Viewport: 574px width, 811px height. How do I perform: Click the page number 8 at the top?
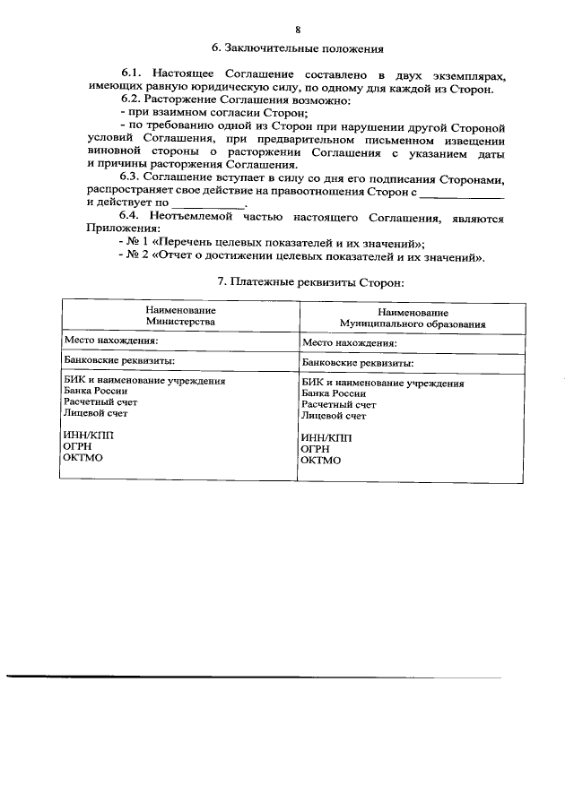pos(286,30)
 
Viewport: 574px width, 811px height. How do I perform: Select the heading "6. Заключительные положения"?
pos(285,48)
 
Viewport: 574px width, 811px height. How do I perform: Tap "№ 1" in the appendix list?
pos(139,244)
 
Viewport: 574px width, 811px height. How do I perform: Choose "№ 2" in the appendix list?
pos(139,257)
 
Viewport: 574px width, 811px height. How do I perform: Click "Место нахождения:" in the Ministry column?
pos(111,341)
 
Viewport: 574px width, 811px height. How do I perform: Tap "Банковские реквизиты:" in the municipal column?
pos(358,363)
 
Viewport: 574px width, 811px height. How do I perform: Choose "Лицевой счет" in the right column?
pos(334,416)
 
